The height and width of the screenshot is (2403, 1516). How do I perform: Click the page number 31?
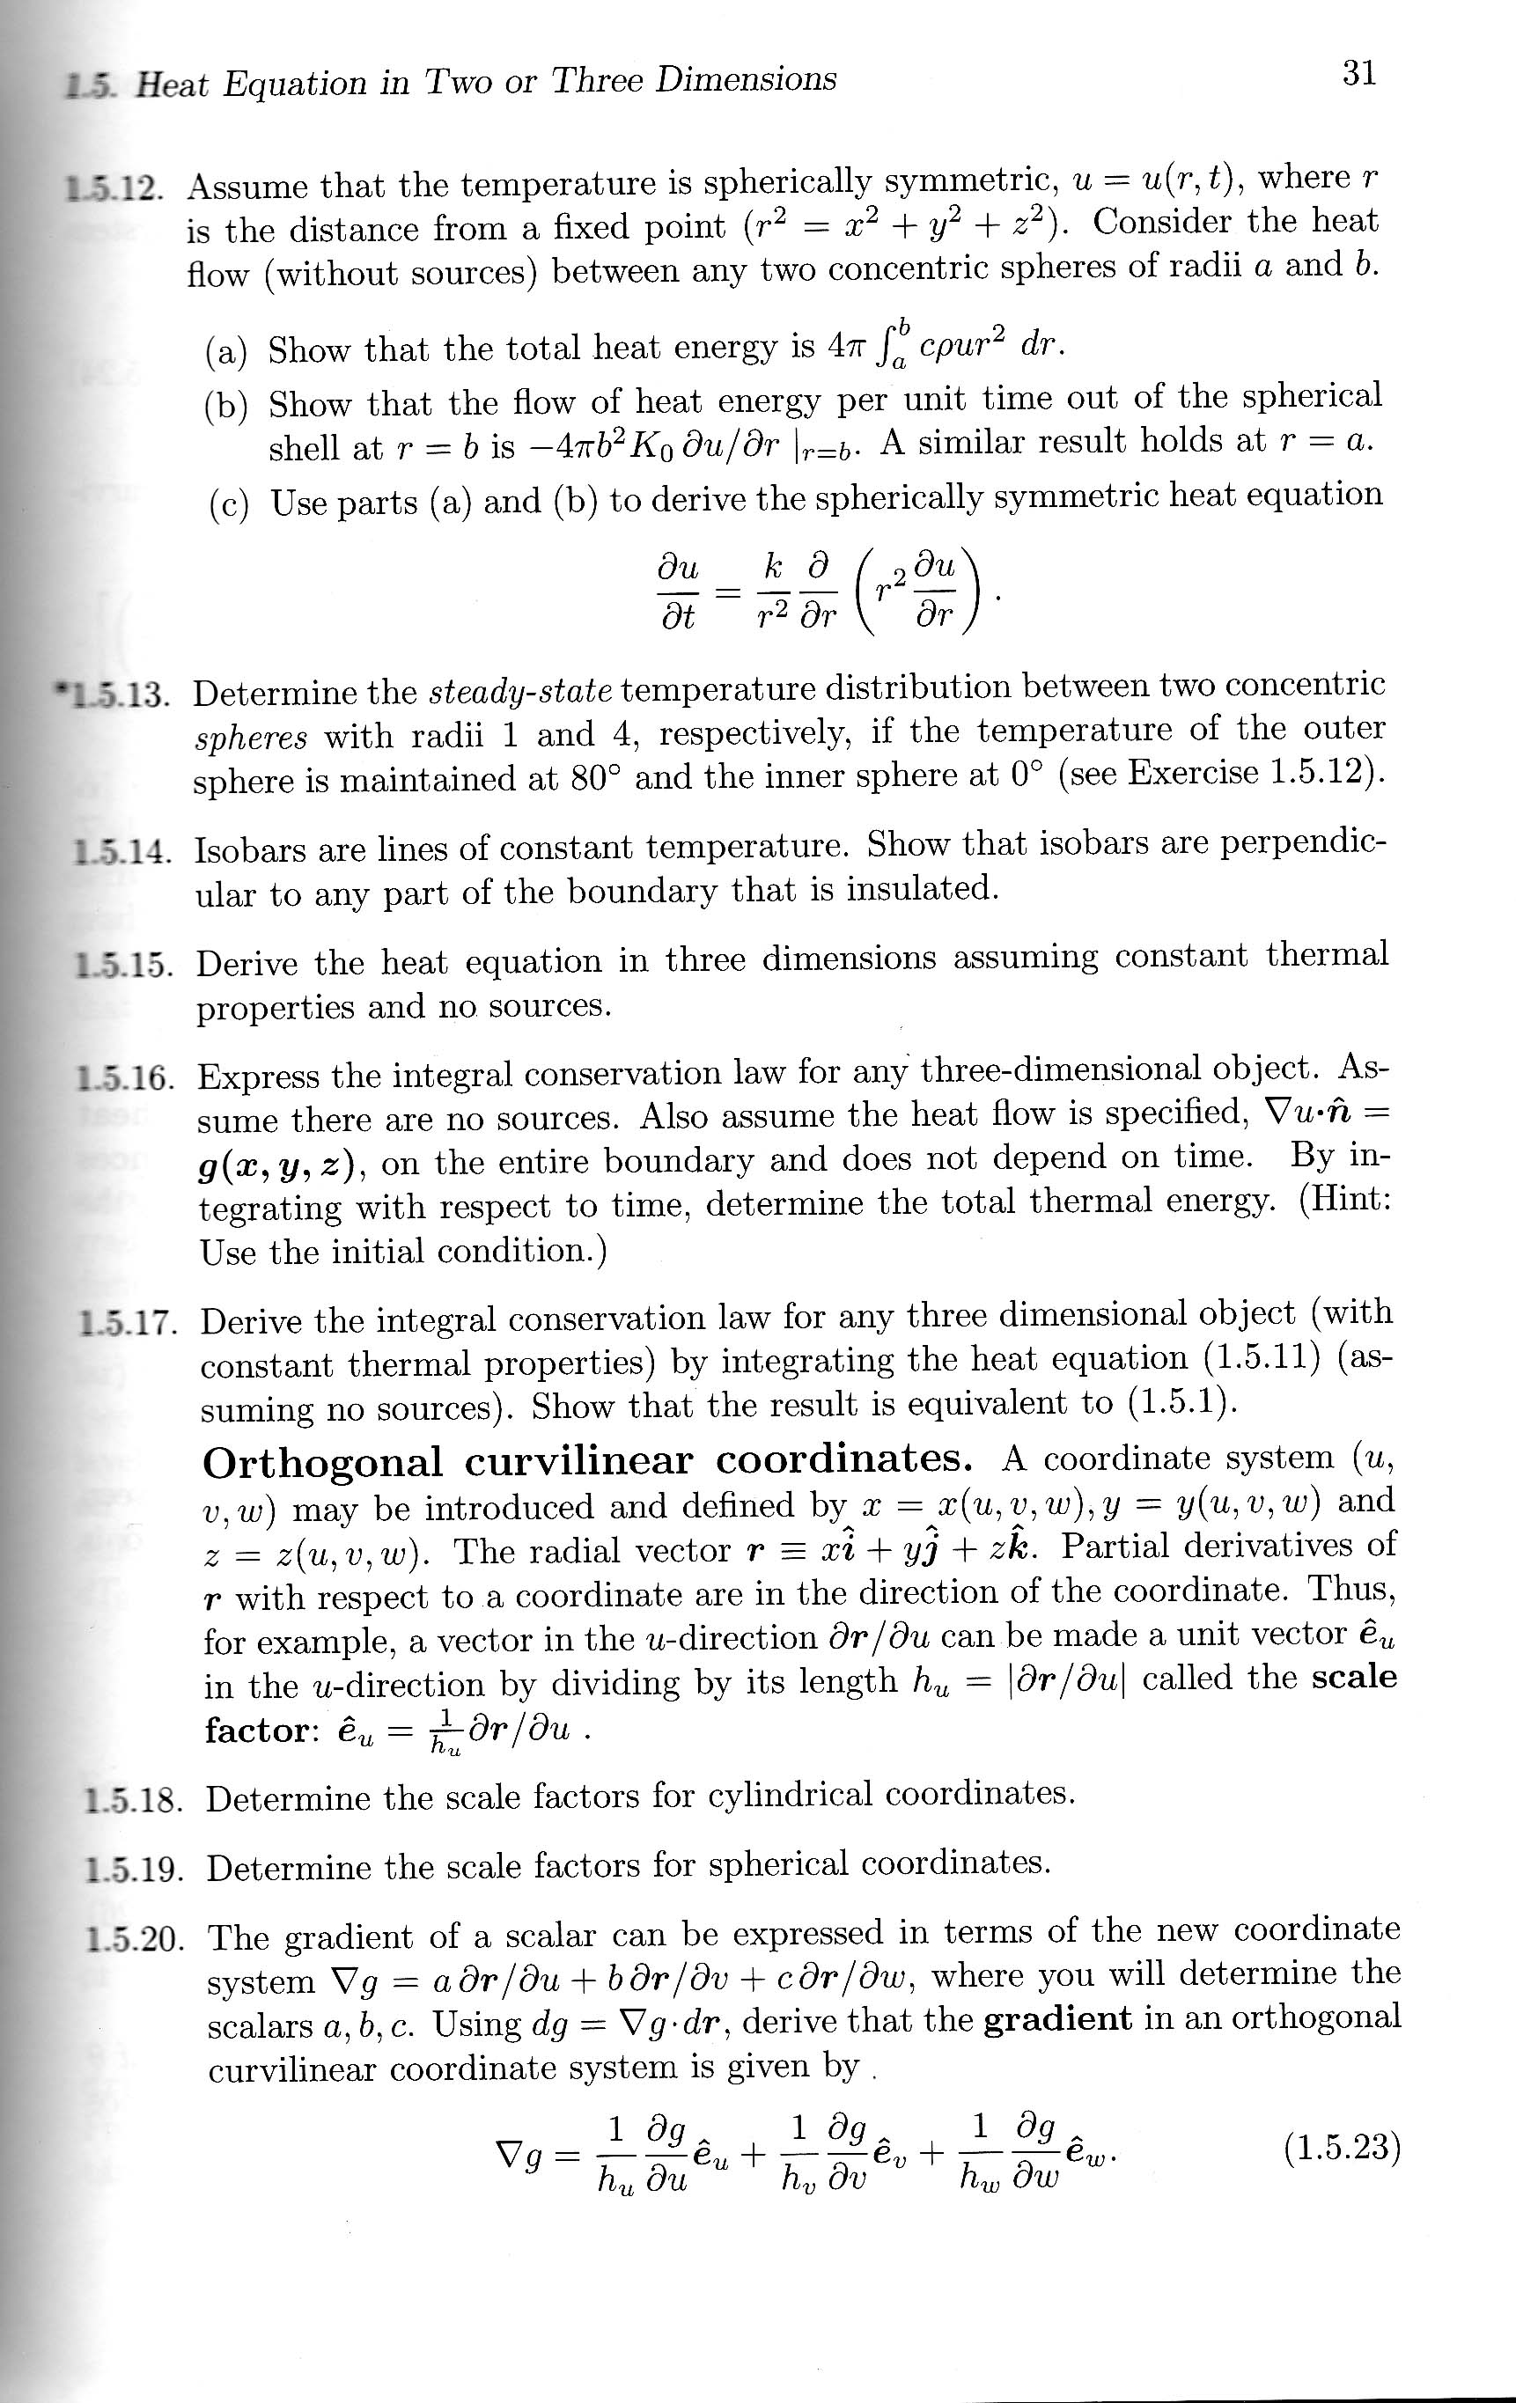(x=1359, y=73)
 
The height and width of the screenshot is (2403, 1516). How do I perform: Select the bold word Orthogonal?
(x=322, y=1463)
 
